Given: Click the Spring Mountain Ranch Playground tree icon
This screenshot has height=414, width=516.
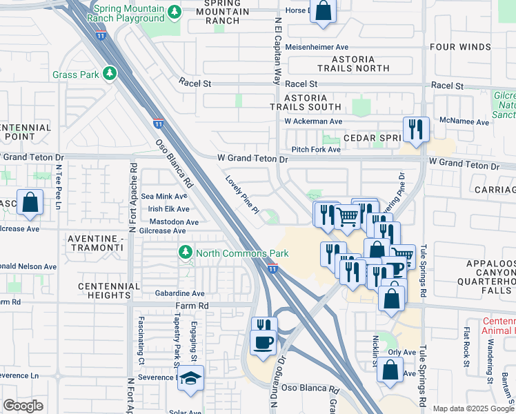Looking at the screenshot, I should click(x=175, y=12).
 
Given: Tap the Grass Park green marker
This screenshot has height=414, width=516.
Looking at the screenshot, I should click(x=108, y=74).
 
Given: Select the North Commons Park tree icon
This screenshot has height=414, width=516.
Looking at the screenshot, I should click(x=185, y=253).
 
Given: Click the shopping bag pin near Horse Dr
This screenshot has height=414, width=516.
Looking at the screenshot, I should click(x=322, y=11).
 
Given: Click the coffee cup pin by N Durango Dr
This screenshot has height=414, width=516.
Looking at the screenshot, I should click(x=264, y=342).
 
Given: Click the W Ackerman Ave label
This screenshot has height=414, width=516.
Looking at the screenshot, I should click(x=314, y=121).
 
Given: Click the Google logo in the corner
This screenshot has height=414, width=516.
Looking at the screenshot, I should click(x=23, y=406).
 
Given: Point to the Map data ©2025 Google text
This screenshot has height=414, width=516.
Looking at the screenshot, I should click(x=473, y=408).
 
